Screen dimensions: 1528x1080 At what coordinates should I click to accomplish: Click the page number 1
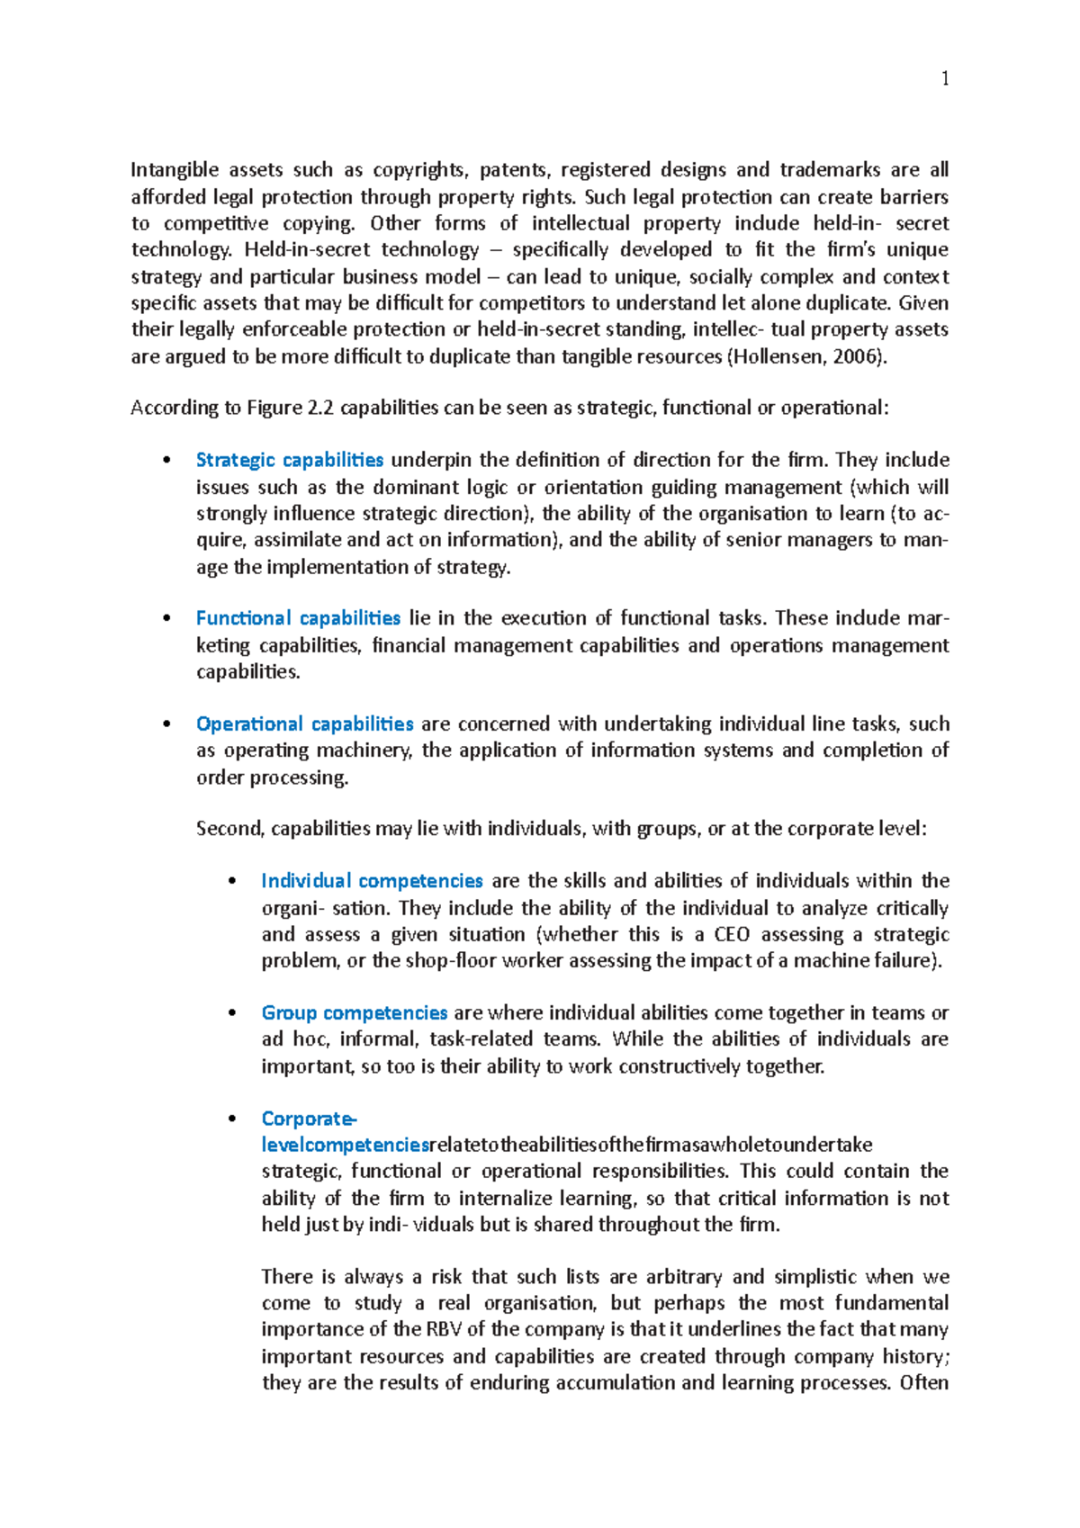(x=944, y=79)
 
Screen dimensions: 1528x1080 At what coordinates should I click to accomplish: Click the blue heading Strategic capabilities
(x=289, y=461)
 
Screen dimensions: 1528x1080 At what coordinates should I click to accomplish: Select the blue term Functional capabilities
(x=298, y=618)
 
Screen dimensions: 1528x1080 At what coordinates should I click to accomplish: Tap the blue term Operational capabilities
(x=304, y=724)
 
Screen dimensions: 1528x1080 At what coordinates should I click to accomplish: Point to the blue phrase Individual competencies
(x=372, y=881)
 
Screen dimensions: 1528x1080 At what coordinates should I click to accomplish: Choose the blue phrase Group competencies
(x=354, y=1013)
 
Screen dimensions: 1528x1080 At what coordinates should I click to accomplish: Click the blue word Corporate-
(x=309, y=1119)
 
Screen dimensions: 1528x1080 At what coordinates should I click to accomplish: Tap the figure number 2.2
(x=320, y=409)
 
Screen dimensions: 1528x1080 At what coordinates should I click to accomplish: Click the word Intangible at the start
(x=175, y=170)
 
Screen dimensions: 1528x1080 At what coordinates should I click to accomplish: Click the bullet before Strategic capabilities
(x=166, y=461)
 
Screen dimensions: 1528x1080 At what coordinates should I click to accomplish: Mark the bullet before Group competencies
(x=232, y=1013)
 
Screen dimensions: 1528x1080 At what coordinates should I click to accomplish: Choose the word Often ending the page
(x=923, y=1383)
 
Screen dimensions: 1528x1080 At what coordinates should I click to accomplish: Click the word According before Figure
(x=174, y=409)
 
